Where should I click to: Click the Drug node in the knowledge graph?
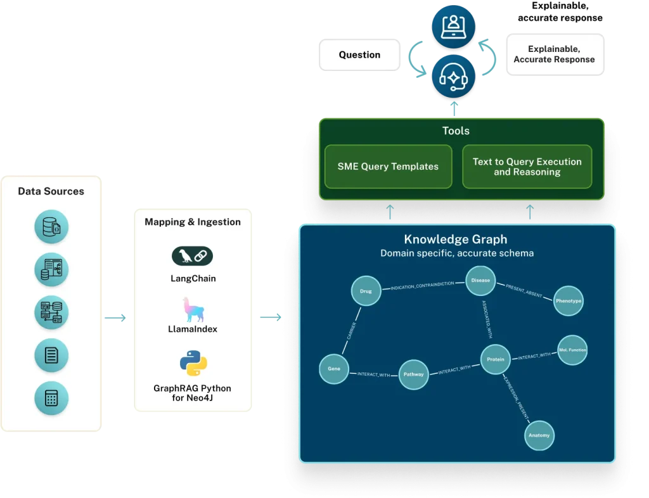(366, 291)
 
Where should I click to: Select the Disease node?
(480, 281)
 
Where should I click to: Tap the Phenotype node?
(568, 301)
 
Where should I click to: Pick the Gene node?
(333, 369)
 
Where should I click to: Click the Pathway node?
(414, 374)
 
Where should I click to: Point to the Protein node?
(496, 359)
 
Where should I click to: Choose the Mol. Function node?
(572, 350)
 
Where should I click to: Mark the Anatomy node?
(539, 435)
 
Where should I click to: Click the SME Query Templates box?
(388, 167)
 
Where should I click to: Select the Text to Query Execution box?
(527, 167)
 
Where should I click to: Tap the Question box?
(359, 54)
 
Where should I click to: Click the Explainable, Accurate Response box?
(554, 54)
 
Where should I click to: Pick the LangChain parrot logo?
(193, 256)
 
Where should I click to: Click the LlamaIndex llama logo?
(193, 309)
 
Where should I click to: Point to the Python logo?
(193, 362)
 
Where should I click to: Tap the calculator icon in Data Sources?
(51, 398)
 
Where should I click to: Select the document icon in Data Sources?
(51, 355)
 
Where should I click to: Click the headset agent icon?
(454, 77)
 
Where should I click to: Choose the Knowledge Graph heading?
(456, 240)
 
